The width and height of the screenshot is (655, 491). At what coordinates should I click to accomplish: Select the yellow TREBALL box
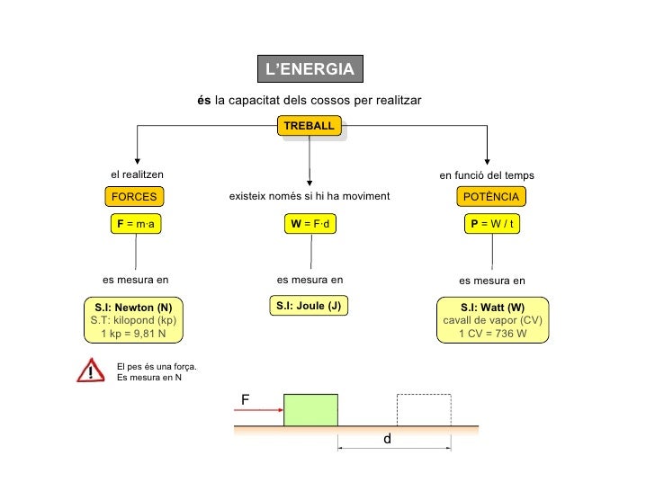(x=309, y=126)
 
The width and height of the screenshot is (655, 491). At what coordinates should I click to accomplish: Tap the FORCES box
(x=134, y=197)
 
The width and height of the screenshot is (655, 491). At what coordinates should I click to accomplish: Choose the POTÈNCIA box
(x=490, y=197)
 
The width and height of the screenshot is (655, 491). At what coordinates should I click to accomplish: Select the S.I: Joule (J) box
(x=309, y=306)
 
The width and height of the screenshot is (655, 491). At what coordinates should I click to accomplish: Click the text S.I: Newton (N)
(x=133, y=308)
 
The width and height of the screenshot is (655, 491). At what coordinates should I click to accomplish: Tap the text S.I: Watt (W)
(x=492, y=308)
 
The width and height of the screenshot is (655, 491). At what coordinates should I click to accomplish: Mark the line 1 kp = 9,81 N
(x=133, y=334)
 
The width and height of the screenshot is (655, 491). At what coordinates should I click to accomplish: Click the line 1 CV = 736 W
(x=492, y=334)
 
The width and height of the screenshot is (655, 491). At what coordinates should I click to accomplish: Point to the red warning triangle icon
(x=91, y=370)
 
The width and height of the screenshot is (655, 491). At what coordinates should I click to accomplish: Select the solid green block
(x=310, y=409)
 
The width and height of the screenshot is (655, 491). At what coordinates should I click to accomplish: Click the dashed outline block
(x=423, y=409)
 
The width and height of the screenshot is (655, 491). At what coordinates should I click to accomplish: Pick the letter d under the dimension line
(x=388, y=441)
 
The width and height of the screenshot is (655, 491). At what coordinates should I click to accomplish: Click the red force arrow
(x=256, y=410)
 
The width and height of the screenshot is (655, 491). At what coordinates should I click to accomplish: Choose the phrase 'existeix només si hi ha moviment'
(x=310, y=196)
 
